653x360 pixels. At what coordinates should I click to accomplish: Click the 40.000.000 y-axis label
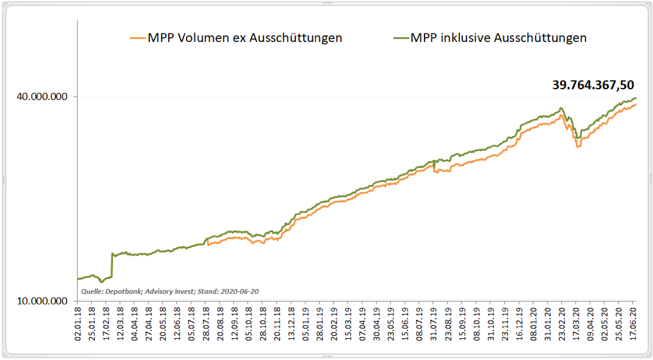[41, 97]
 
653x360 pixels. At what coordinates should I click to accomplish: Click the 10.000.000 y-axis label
[41, 301]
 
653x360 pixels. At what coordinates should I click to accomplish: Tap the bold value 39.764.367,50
[593, 85]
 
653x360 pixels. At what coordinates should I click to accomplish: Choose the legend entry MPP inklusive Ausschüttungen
[498, 38]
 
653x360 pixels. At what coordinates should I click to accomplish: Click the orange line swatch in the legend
[138, 38]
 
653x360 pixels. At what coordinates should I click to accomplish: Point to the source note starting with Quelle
[170, 291]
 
